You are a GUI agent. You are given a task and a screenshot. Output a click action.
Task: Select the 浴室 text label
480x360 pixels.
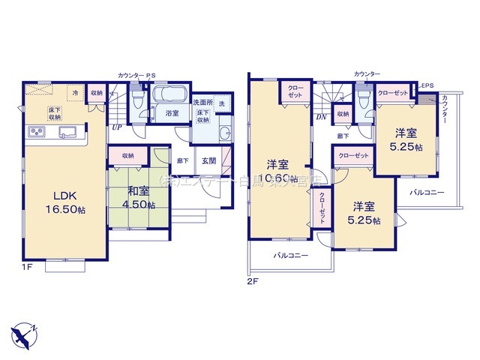pyautogui.click(x=171, y=113)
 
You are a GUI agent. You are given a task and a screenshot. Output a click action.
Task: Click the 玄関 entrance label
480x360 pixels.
pyautogui.click(x=209, y=160)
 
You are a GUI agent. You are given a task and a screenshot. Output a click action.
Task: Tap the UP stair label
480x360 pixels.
pyautogui.click(x=118, y=127)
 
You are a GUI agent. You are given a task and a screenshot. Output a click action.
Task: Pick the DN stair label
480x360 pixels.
pyautogui.click(x=320, y=117)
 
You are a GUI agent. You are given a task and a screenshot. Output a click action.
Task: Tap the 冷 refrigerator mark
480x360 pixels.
pyautogui.click(x=75, y=92)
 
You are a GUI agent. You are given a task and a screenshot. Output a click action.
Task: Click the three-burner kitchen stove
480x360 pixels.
pyautogui.click(x=37, y=133)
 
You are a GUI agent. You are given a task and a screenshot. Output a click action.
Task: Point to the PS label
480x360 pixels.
pyautogui.click(x=151, y=76)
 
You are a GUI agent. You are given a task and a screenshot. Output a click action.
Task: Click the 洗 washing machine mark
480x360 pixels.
pyautogui.click(x=222, y=103)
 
